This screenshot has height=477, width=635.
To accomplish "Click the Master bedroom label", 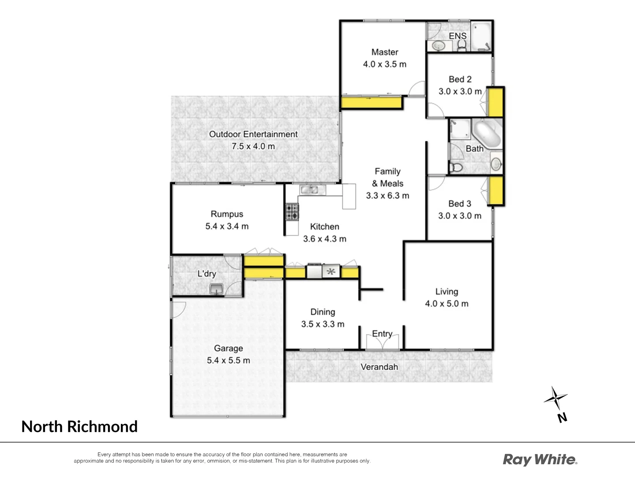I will pyautogui.click(x=385, y=52).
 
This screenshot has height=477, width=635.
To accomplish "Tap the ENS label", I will pyautogui.click(x=457, y=36).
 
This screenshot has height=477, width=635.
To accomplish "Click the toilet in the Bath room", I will pyautogui.click(x=456, y=167).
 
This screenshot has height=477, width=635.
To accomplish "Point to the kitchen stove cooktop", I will pyautogui.click(x=291, y=212).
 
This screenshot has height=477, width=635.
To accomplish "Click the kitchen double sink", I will pyautogui.click(x=312, y=190).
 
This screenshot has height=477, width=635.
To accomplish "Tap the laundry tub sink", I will pyautogui.click(x=217, y=289).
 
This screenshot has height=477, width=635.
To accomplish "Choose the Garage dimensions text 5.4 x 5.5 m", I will pyautogui.click(x=228, y=360).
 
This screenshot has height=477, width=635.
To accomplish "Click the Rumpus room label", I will pyautogui.click(x=227, y=214).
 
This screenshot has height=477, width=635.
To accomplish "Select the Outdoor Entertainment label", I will pyautogui.click(x=253, y=134).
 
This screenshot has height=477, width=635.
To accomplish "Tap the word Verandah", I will pyautogui.click(x=379, y=367).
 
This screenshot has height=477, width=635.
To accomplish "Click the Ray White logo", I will pyautogui.click(x=540, y=460).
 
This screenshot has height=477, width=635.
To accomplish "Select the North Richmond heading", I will pyautogui.click(x=79, y=427).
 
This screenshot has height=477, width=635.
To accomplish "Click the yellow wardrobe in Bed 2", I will pyautogui.click(x=497, y=102).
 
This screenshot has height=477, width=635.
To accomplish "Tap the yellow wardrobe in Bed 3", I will pyautogui.click(x=497, y=190).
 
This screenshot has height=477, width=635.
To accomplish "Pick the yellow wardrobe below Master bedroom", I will pyautogui.click(x=371, y=103).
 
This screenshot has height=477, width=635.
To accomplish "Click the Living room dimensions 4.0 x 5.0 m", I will pyautogui.click(x=446, y=304).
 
